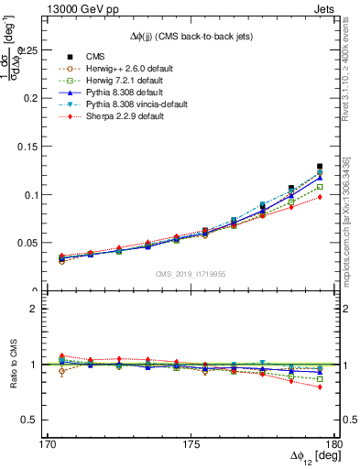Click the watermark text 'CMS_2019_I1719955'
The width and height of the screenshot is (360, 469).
pyautogui.click(x=191, y=274)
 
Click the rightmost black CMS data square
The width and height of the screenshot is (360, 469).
pyautogui.click(x=320, y=167)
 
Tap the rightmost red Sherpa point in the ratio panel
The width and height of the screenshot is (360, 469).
pyautogui.click(x=320, y=387)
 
